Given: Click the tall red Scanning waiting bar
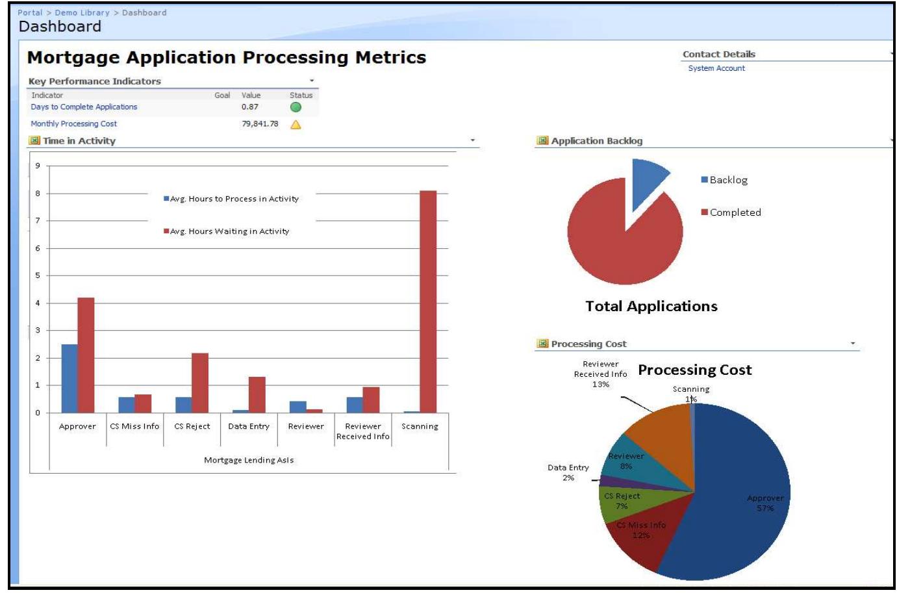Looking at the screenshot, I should [x=428, y=301].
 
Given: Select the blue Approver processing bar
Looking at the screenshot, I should [x=69, y=378].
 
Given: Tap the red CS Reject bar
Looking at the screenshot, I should [x=200, y=383].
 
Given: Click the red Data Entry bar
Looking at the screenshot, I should [x=257, y=394].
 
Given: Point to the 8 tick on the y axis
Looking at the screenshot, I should [x=38, y=194].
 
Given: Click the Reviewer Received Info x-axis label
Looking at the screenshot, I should [x=363, y=431].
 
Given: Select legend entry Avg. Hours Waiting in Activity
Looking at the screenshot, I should [x=229, y=231].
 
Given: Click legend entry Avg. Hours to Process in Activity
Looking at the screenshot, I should [x=234, y=199].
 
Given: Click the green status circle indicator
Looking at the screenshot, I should [x=296, y=107].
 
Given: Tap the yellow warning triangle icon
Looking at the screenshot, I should [x=296, y=125].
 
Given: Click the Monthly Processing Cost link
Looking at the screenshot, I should [x=74, y=124].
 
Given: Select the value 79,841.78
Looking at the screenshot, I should [x=260, y=124].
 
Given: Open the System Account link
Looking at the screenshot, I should [x=716, y=68].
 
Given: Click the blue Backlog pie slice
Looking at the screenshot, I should [x=647, y=179].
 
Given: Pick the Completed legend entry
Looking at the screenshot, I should [x=735, y=212].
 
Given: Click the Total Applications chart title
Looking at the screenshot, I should [x=651, y=307].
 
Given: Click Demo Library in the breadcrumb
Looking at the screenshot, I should [x=82, y=12].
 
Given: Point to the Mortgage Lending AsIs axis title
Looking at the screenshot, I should [x=249, y=460].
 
